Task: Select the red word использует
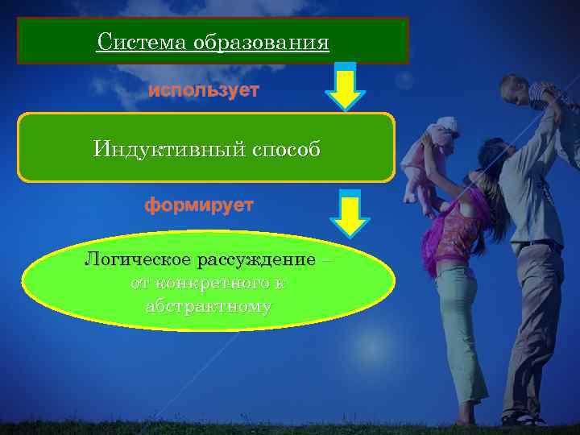203,91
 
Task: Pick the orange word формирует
199,205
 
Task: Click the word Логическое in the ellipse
136,260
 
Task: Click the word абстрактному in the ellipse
209,307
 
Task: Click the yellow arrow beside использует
345,87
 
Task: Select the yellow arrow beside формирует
349,213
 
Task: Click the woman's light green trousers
460,330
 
